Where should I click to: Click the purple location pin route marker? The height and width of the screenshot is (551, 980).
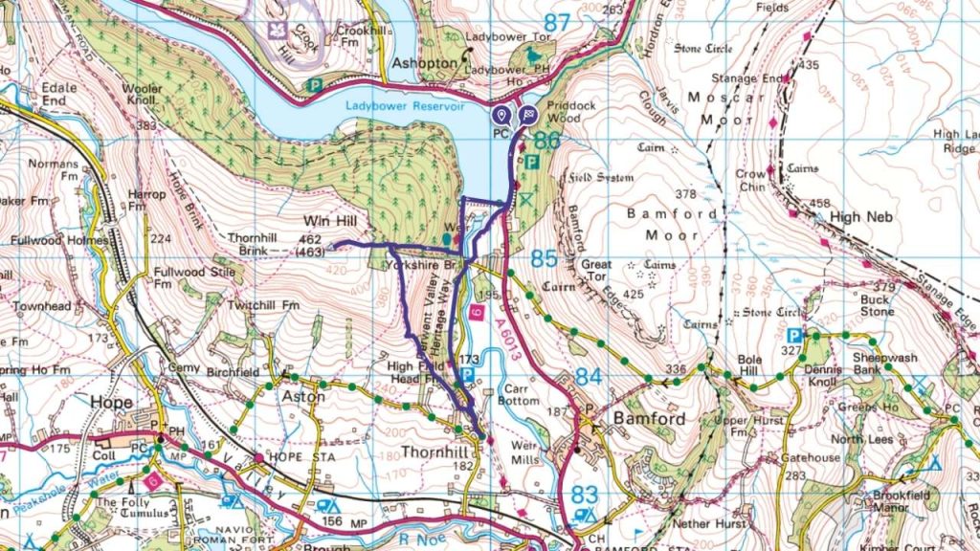tap(501, 115)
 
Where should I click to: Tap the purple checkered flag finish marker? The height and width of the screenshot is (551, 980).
tap(527, 115)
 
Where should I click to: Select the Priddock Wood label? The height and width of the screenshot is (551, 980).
tap(564, 112)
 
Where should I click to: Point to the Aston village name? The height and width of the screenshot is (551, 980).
tap(304, 395)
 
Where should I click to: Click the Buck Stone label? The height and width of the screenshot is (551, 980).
tap(875, 305)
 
